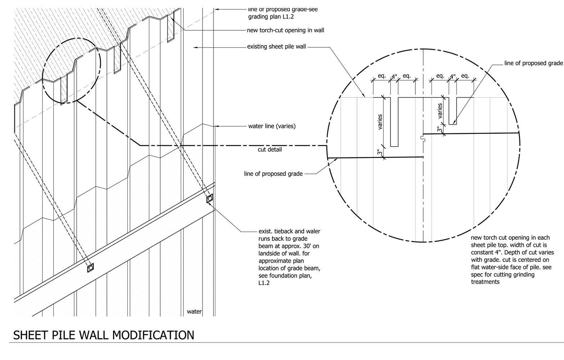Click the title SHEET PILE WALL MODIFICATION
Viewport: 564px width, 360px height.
[x=104, y=335]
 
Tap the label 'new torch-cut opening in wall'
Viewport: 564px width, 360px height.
[x=285, y=30]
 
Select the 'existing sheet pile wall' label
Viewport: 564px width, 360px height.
[x=276, y=46]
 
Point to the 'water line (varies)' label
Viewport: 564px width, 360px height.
[x=272, y=126]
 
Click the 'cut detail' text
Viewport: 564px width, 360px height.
[x=270, y=149]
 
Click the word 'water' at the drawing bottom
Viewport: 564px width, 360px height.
[x=194, y=311]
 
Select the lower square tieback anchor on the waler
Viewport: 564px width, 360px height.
[x=90, y=267]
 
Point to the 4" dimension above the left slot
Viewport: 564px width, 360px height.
[x=394, y=77]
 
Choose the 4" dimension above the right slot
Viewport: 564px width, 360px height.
[x=453, y=76]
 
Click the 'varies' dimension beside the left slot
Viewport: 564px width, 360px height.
[x=380, y=122]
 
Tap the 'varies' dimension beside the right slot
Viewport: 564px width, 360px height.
[x=440, y=111]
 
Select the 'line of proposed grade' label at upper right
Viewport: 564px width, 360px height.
[x=533, y=63]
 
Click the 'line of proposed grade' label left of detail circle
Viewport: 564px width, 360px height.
[x=273, y=174]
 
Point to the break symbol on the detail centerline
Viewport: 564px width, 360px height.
[x=423, y=138]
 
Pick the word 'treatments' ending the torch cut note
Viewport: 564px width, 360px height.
[x=485, y=282]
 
